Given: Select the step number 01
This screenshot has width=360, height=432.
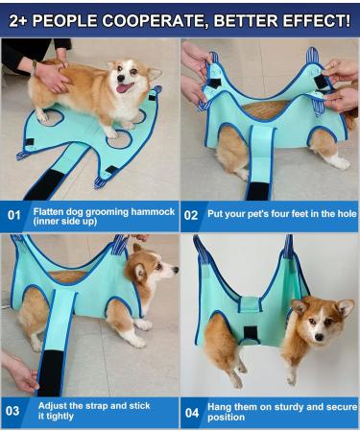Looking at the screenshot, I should point(13,214).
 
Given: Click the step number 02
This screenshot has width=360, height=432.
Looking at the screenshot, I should point(191,215).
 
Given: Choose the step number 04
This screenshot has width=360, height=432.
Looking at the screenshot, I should point(191,411).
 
